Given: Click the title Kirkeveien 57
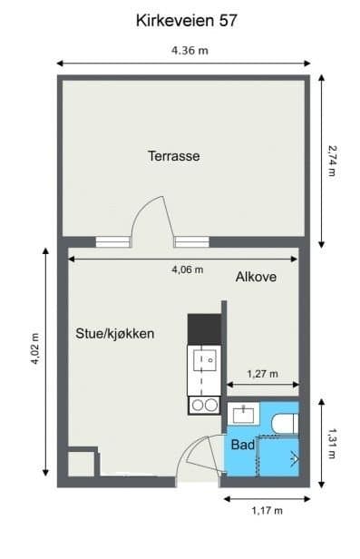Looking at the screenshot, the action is pyautogui.click(x=186, y=21).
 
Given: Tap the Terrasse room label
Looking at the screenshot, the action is pyautogui.click(x=174, y=156).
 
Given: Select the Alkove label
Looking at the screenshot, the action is pyautogui.click(x=256, y=277).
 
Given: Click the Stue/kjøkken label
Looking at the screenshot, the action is pyautogui.click(x=115, y=334).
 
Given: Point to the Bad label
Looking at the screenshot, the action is pyautogui.click(x=243, y=445).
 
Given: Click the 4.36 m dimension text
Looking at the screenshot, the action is pyautogui.click(x=190, y=50).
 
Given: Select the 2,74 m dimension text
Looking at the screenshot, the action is pyautogui.click(x=332, y=161).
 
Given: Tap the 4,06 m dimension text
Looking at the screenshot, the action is pyautogui.click(x=188, y=270).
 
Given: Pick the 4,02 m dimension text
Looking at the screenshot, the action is pyautogui.click(x=35, y=349).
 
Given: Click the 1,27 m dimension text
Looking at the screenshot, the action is pyautogui.click(x=262, y=374).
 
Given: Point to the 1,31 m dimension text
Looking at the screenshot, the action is pyautogui.click(x=332, y=444).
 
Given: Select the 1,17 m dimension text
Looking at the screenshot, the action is pyautogui.click(x=268, y=511).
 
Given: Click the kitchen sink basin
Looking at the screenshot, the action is pyautogui.click(x=205, y=360).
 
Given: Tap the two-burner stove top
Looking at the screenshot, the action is pyautogui.click(x=204, y=406).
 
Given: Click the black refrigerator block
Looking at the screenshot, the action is pyautogui.click(x=204, y=329).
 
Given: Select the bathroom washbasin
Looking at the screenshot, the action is pyautogui.click(x=244, y=414).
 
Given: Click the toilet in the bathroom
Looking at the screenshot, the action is pyautogui.click(x=285, y=423).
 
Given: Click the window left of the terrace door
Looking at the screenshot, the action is pyautogui.click(x=112, y=241).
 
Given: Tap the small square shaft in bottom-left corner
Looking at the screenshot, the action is pyautogui.click(x=82, y=464).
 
